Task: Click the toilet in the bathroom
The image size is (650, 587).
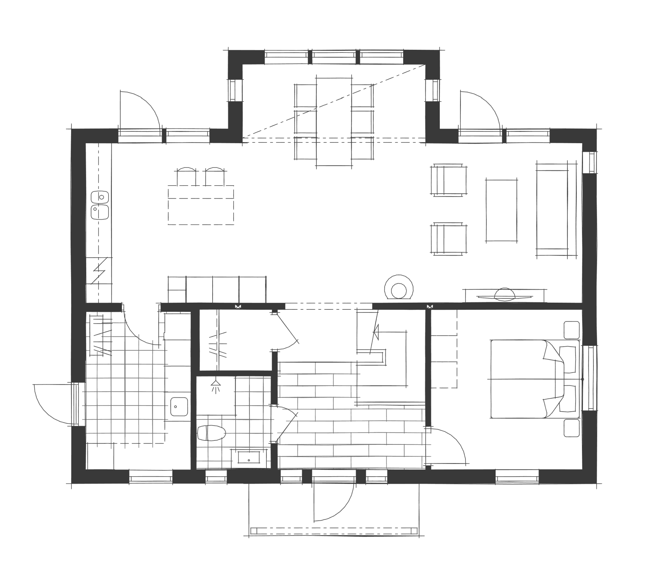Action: [x=211, y=433]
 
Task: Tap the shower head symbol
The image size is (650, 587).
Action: [x=215, y=386]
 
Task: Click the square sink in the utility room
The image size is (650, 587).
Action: [x=179, y=407]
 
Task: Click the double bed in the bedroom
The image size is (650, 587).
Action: [x=528, y=379]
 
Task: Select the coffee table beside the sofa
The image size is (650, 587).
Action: [x=501, y=210]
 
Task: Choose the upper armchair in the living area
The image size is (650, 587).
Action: [x=449, y=180]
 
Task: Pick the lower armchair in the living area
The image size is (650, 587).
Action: [x=449, y=239]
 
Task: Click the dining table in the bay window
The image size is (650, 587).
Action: [x=333, y=120]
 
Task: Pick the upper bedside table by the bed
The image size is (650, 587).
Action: [x=572, y=330]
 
